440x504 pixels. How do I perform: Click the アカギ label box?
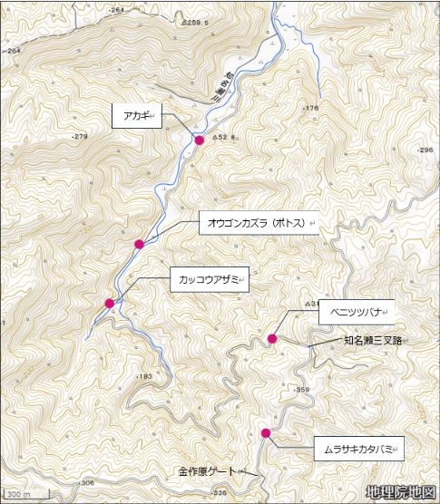tap(136, 115)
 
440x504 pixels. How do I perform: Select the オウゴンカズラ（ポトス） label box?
tap(259, 222)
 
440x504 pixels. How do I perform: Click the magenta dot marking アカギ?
tap(200, 140)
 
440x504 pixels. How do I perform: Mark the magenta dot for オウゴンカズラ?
tap(139, 245)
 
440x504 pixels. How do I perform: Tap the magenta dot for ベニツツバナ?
tap(271, 339)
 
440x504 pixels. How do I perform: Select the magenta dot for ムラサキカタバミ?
tap(266, 433)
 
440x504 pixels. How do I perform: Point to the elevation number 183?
tap(143, 376)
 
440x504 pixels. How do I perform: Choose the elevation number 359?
tap(302, 389)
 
